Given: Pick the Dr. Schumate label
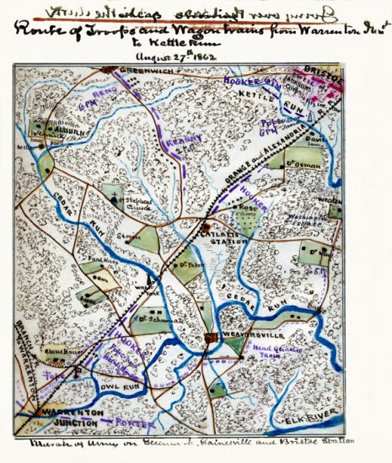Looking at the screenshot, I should pos(155,319).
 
